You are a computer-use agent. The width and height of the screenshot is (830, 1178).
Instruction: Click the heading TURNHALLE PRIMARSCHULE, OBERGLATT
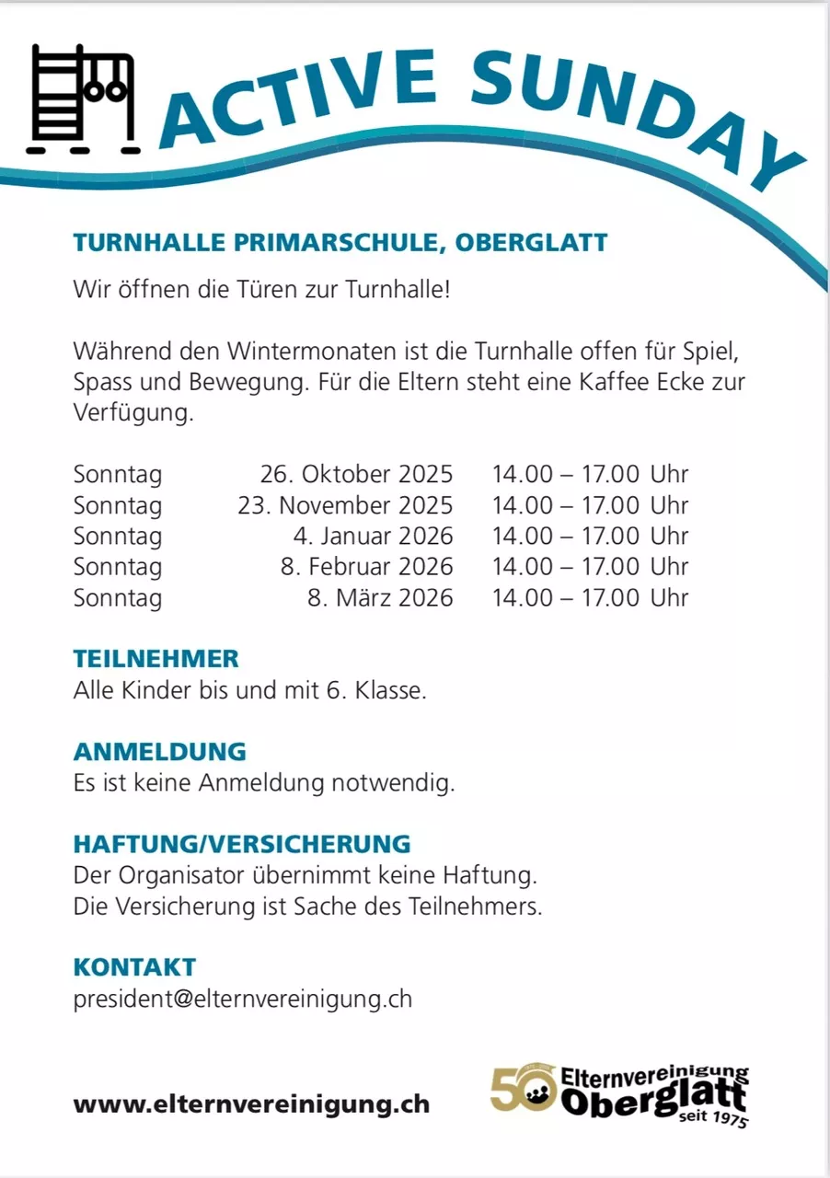point(340,243)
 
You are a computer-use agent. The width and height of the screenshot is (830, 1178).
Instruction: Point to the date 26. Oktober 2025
point(356,475)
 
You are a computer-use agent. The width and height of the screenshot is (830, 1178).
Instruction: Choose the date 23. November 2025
point(345,505)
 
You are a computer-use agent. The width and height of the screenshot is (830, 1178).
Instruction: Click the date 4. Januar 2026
point(372,536)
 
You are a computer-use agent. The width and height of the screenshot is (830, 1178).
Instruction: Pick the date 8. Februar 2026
point(366,566)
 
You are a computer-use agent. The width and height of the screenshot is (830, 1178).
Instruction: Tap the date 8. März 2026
point(380,597)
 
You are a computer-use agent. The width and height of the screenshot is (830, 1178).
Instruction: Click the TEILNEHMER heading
point(156,659)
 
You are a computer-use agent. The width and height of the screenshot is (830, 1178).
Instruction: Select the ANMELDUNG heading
point(160,752)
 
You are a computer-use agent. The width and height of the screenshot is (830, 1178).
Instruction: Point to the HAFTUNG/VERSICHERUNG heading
point(242,844)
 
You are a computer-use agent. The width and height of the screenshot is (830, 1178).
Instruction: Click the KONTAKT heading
point(134,967)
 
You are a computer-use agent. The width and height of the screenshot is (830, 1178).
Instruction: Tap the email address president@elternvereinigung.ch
point(243,999)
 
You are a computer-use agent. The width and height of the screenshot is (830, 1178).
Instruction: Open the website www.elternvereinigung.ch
point(251,1104)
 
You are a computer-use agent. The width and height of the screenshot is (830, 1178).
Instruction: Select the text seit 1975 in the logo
point(712,1119)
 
